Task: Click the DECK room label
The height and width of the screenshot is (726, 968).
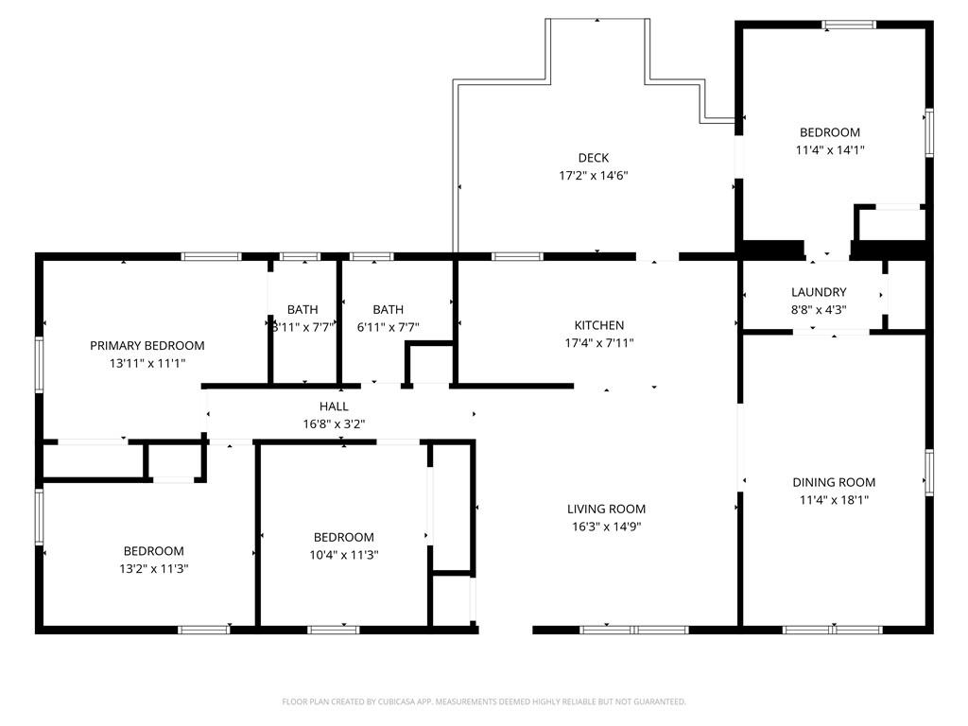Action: click(594, 158)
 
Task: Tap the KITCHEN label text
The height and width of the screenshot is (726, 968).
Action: click(598, 325)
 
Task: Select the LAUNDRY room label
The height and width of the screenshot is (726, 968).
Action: click(819, 292)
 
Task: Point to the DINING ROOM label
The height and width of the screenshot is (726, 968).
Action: click(834, 482)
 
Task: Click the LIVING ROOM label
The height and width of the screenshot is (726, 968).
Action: click(606, 509)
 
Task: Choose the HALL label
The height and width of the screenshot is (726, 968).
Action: click(334, 406)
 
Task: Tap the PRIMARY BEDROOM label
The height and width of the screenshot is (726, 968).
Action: click(147, 346)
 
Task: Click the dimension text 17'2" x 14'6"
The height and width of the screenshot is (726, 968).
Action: click(594, 175)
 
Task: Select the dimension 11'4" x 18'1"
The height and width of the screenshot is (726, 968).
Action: click(834, 500)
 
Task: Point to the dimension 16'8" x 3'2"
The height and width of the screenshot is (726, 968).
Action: click(334, 424)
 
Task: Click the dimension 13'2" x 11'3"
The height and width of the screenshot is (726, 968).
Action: click(154, 568)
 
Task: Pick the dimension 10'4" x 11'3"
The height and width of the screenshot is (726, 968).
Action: click(344, 555)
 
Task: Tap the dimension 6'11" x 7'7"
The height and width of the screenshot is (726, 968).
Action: click(388, 327)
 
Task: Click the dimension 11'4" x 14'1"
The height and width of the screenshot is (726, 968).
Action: click(830, 150)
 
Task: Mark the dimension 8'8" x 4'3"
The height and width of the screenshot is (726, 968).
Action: click(819, 310)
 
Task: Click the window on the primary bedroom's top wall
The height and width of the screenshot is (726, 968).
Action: click(211, 257)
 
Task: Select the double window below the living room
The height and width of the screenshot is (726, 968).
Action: click(634, 630)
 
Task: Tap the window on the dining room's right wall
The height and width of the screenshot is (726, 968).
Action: click(929, 473)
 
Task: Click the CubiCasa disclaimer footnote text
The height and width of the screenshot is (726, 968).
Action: click(484, 702)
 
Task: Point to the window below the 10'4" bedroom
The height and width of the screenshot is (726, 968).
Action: click(334, 630)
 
